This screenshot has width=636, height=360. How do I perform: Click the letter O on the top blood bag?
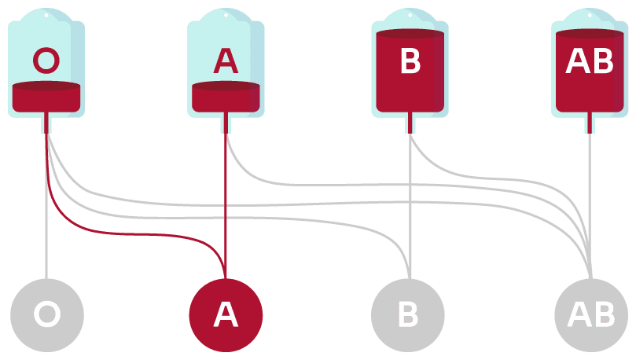point(46,61)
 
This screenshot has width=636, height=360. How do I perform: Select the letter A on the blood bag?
point(226,61)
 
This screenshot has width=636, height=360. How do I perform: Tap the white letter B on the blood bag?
point(410,62)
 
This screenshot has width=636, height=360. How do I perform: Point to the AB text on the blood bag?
point(590,62)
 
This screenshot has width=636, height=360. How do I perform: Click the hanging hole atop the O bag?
point(46,15)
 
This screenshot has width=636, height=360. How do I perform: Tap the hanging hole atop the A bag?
point(226,15)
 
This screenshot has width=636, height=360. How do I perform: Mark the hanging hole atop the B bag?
point(410,15)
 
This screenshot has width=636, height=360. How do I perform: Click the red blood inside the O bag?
point(46,97)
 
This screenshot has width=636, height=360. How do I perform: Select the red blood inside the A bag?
point(226,97)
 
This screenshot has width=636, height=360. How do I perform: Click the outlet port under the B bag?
point(410,123)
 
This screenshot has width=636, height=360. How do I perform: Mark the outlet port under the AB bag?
point(590,123)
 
